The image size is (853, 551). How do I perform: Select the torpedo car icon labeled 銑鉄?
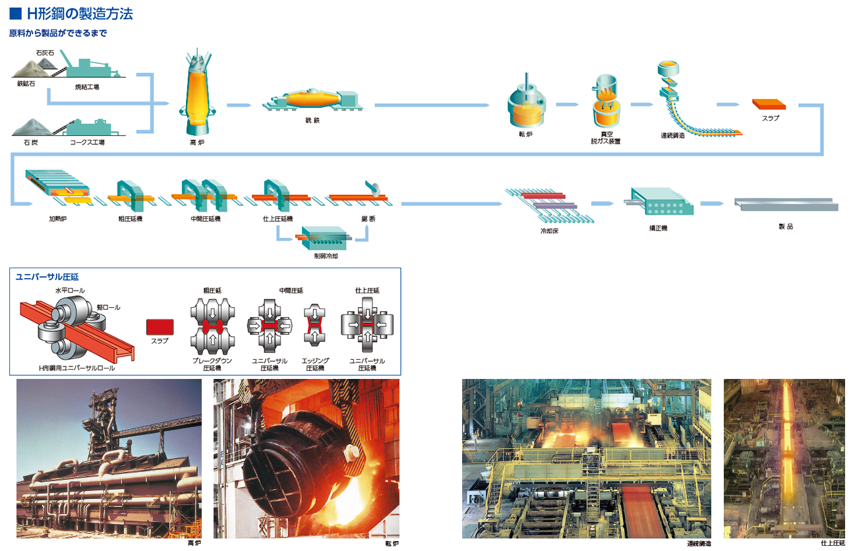pyautogui.click(x=313, y=101)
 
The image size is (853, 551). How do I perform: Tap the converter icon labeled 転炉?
pyautogui.click(x=526, y=105)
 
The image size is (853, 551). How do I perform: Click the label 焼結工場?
pyautogui.click(x=87, y=86)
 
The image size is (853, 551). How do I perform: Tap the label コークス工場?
pyautogui.click(x=87, y=142)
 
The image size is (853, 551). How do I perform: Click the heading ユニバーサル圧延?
pyautogui.click(x=51, y=277)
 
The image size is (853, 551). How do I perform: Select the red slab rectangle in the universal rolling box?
pyautogui.click(x=159, y=327)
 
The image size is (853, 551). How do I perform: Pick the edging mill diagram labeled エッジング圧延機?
pyautogui.click(x=314, y=326)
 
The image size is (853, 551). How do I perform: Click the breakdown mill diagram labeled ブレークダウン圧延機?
pyautogui.click(x=212, y=327)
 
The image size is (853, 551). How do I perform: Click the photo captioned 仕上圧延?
pyautogui.click(x=784, y=458)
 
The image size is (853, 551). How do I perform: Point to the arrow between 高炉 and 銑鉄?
pyautogui.click(x=239, y=105)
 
